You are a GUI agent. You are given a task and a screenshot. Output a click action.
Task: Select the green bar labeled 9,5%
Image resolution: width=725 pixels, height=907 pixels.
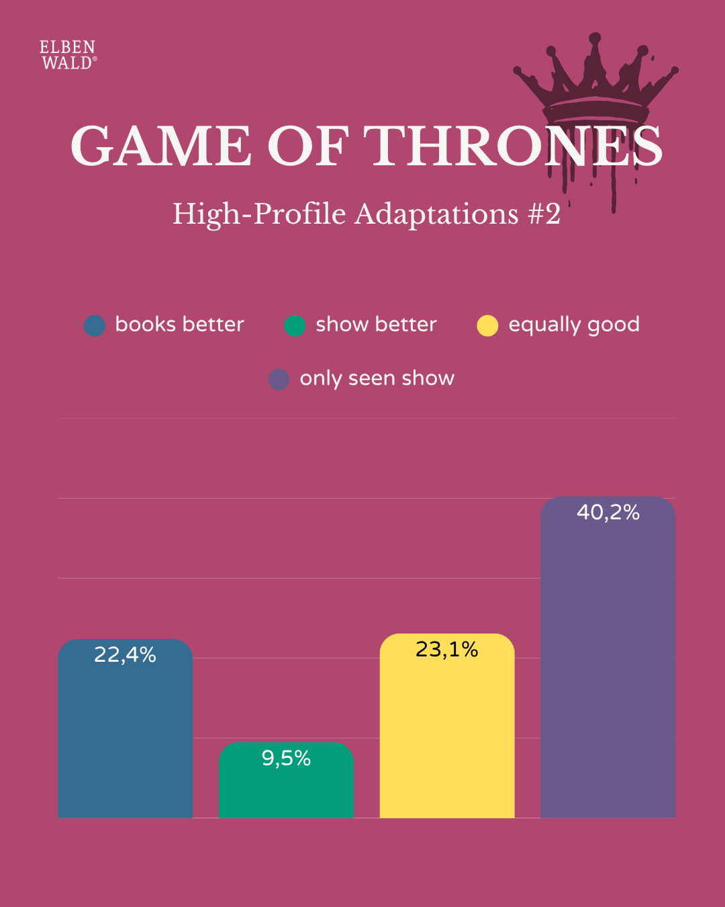286,789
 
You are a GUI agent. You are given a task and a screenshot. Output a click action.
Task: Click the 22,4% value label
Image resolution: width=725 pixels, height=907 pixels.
125,655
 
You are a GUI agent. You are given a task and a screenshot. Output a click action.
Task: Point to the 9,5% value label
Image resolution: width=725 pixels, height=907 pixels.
286,759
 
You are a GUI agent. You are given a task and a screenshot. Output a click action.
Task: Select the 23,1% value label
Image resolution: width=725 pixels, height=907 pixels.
447,650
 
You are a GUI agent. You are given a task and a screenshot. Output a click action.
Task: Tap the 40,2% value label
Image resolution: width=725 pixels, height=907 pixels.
608,513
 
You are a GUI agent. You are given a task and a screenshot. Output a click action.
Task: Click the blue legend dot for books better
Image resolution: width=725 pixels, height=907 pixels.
95,326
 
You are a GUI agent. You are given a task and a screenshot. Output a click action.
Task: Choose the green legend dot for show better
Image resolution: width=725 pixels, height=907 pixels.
295,326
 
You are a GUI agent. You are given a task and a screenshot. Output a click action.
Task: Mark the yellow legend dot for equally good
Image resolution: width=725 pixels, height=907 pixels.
487,326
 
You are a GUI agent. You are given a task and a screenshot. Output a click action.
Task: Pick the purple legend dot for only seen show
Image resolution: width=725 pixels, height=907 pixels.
279,380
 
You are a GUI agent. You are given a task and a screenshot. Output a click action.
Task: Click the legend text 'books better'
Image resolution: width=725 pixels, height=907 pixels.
179,325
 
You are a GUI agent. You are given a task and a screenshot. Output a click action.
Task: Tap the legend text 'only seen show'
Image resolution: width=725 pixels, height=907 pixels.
377,379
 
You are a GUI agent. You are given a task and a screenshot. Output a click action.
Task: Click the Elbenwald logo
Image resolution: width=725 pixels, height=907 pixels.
68,55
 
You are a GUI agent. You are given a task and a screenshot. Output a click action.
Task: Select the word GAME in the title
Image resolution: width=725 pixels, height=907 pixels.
161,146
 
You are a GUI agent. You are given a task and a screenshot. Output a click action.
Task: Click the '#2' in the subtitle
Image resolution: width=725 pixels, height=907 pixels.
544,214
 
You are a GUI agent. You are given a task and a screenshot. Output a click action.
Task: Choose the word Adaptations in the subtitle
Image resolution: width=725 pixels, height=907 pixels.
436,214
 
